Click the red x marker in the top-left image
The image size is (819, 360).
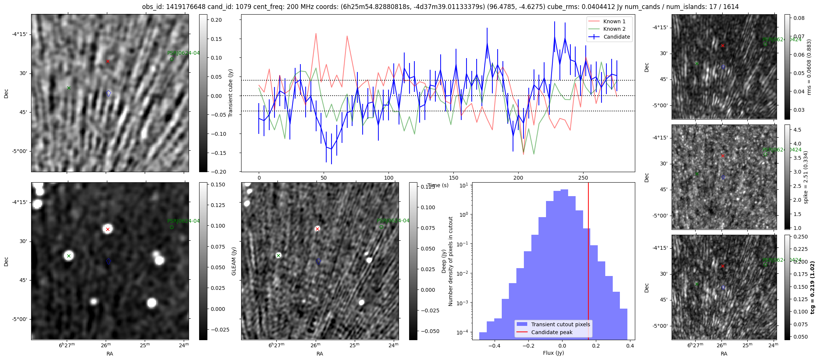(108, 61)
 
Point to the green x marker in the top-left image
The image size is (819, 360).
(69, 88)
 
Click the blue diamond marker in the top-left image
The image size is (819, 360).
(109, 93)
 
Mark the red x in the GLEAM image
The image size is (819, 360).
(108, 229)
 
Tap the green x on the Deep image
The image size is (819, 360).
(278, 255)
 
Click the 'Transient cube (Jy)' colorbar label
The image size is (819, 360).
(231, 93)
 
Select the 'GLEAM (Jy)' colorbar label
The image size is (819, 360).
(234, 261)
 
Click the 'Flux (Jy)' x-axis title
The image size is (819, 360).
(553, 353)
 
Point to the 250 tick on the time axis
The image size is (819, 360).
(583, 178)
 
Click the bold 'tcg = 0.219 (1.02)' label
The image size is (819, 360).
(812, 287)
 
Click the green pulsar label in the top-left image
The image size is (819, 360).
(183, 53)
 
